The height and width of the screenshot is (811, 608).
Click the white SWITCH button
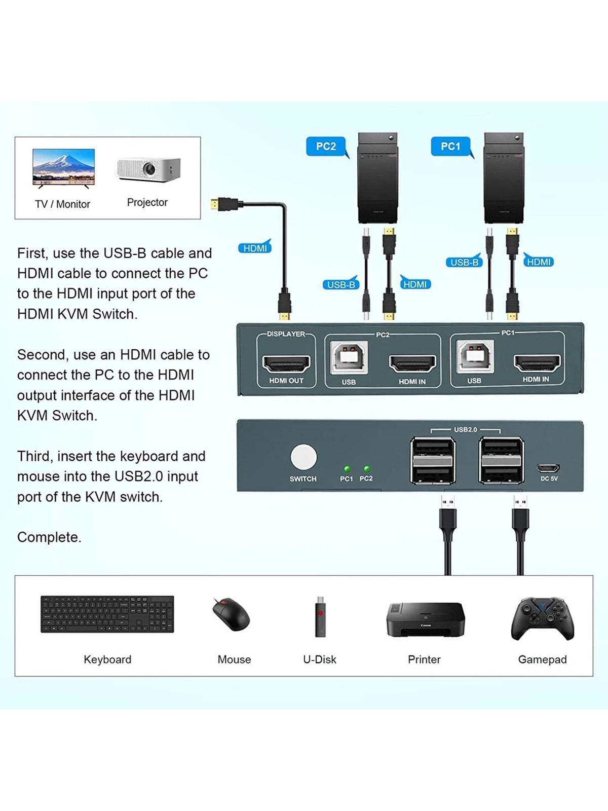point(303,457)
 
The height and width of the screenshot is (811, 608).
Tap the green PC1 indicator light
point(347,469)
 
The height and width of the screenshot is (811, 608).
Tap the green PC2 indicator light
point(366,469)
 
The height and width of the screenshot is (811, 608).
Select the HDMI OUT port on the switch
point(286,363)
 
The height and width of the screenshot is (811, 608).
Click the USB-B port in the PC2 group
point(349,357)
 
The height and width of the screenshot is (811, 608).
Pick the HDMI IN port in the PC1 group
point(537,362)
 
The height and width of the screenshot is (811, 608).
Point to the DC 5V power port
point(548,467)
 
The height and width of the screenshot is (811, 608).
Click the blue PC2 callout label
point(326,146)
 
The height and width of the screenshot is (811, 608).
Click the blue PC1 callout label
point(450,146)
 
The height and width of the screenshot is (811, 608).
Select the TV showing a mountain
point(63,167)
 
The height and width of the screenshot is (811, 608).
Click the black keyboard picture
point(107,614)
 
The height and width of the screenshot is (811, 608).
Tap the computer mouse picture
point(232,614)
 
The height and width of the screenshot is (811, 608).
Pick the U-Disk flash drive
point(320,616)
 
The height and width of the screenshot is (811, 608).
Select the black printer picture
point(425,619)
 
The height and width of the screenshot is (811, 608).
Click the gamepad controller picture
point(543,618)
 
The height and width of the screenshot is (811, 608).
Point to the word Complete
point(49,537)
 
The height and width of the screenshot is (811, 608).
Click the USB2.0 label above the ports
point(465,429)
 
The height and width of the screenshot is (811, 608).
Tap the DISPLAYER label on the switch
point(286,334)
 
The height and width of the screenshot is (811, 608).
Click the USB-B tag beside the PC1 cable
point(464,262)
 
